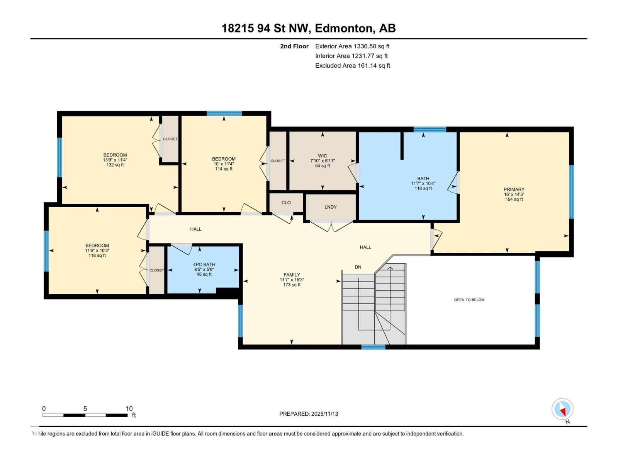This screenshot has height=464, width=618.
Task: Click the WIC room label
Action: click(323, 156)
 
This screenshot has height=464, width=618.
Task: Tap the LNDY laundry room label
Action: click(330, 207)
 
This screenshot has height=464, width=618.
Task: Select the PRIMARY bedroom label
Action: click(514, 189)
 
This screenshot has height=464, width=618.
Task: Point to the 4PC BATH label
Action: click(204, 264)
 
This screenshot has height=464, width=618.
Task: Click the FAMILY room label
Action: click(292, 275)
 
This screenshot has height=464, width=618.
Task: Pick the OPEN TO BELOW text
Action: click(469, 300)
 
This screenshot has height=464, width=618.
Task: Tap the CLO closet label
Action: click(286, 203)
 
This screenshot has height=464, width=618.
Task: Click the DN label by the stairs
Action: click(358, 267)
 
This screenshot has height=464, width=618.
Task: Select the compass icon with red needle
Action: click(562, 409)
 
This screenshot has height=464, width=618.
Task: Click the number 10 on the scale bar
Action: click(129, 409)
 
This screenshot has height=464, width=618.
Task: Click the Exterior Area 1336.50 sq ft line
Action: click(352, 46)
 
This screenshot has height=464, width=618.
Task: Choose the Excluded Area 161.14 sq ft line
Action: click(353, 66)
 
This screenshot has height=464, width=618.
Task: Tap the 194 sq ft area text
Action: click(514, 200)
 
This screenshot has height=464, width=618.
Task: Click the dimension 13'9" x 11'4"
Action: click(115, 160)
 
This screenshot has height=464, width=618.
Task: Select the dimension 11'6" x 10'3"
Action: click(97, 251)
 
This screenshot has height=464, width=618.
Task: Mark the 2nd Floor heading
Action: click(294, 46)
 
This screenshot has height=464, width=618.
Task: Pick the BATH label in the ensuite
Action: click(423, 179)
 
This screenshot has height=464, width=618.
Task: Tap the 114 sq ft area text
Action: click(224, 169)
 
